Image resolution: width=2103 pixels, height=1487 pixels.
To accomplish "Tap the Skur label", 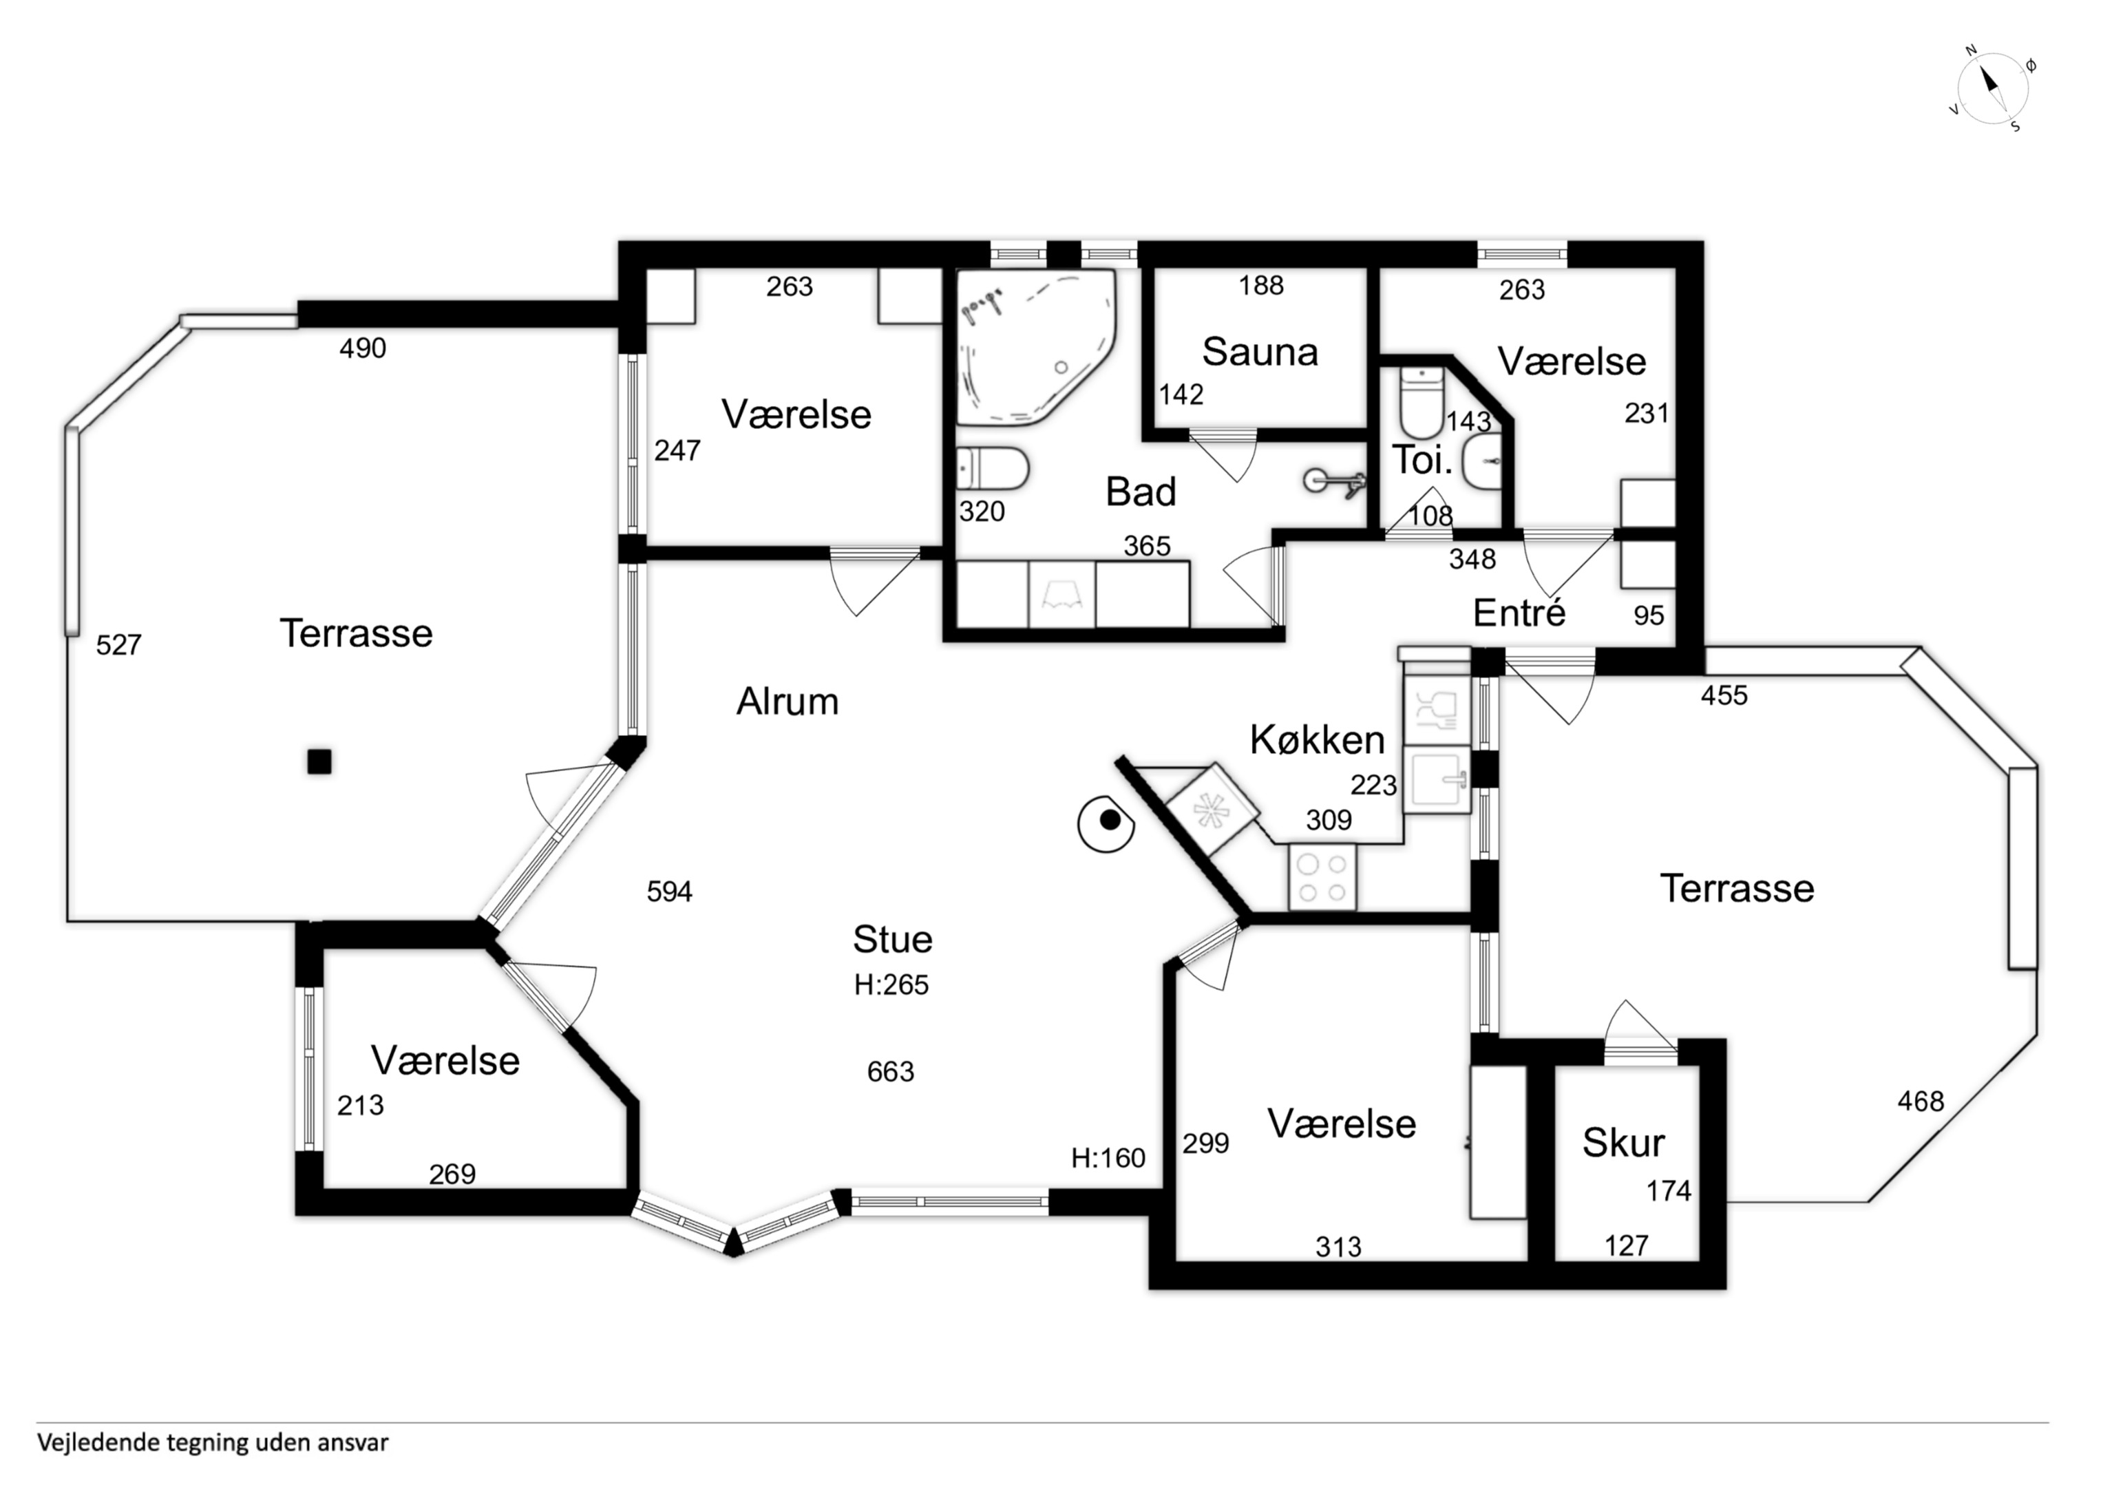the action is [x=1623, y=1143].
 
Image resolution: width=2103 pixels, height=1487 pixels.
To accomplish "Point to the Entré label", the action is [x=1519, y=613].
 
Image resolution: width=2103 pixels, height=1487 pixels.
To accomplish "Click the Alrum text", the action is [x=788, y=702].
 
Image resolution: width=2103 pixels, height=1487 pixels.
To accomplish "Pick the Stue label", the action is [x=892, y=939].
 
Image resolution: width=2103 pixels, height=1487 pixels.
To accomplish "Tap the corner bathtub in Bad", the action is [x=1036, y=348].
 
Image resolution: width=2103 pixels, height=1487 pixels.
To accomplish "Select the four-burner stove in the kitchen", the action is [x=1322, y=878].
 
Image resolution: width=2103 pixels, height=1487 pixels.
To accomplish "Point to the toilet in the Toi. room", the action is [x=1422, y=403].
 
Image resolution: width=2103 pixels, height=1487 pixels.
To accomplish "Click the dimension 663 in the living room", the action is [x=890, y=1071].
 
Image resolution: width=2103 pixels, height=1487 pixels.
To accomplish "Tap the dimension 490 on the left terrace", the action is [x=363, y=348].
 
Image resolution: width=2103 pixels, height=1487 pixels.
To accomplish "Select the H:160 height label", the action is [x=1108, y=1158].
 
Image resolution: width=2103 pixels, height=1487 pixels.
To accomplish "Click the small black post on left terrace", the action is [x=319, y=761].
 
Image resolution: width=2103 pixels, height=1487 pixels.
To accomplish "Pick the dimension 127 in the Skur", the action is [x=1627, y=1245].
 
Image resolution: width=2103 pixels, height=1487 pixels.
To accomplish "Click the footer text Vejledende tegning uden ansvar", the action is [x=213, y=1443].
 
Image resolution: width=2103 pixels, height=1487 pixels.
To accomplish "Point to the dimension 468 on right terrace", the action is [x=1921, y=1100].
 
